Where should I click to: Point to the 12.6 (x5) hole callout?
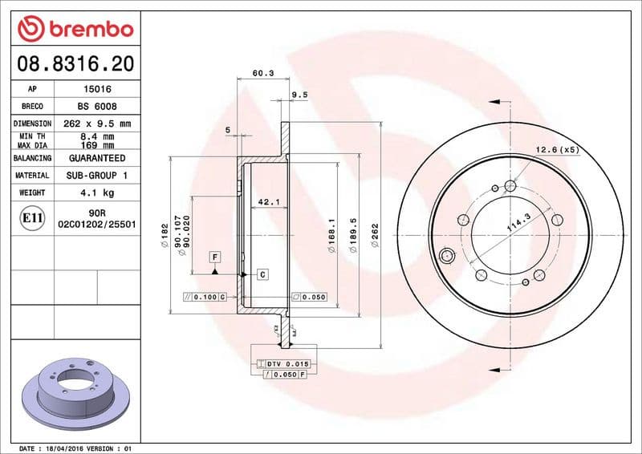point(557,149)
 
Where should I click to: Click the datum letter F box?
point(215,257)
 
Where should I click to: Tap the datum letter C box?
point(262,274)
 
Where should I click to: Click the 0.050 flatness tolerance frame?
point(309,297)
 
